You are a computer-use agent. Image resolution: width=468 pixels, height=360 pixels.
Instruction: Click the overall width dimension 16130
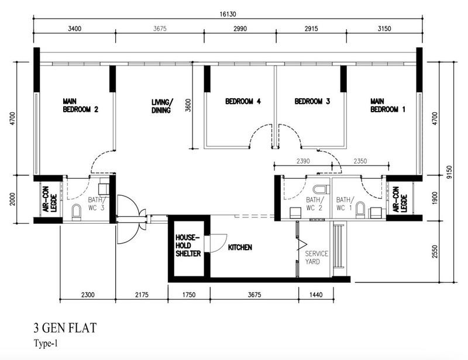(x=227, y=15)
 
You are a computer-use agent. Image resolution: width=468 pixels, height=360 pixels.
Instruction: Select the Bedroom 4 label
(x=242, y=101)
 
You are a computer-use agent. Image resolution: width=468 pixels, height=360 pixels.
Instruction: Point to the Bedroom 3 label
(x=312, y=101)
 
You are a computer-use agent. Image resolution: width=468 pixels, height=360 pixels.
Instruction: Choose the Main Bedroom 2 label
(x=80, y=105)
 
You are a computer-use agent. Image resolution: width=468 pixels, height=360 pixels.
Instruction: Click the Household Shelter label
(x=188, y=245)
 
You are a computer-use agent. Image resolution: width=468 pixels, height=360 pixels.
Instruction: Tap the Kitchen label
(x=240, y=248)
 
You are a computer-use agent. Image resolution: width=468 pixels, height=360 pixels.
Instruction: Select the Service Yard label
(x=316, y=258)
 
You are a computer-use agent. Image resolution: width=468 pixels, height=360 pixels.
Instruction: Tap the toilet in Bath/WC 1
(x=360, y=209)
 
